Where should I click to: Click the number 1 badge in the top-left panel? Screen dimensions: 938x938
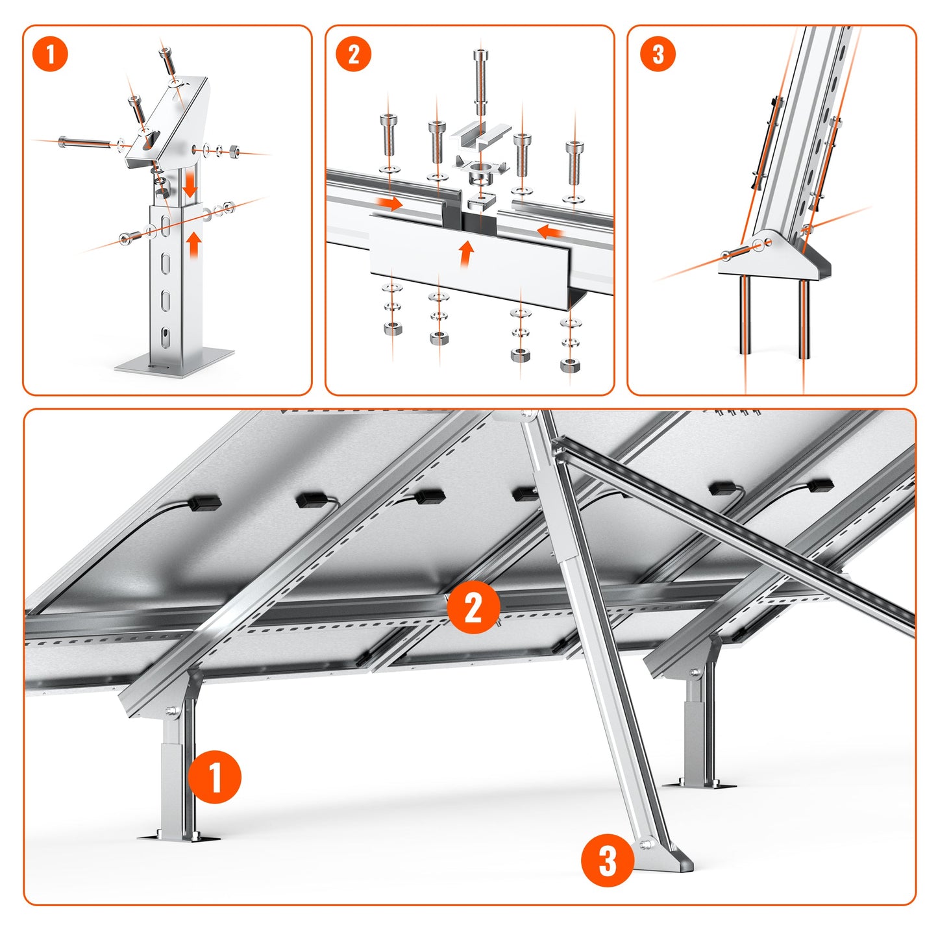[x=50, y=54]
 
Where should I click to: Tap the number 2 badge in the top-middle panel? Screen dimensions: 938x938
[x=353, y=54]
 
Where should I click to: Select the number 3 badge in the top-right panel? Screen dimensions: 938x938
[x=657, y=54]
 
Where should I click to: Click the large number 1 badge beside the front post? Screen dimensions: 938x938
[x=215, y=777]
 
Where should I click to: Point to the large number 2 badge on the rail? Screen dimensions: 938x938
[x=474, y=608]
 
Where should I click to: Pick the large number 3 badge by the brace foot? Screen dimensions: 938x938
[x=608, y=861]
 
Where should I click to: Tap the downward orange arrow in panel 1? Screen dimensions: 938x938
[x=190, y=184]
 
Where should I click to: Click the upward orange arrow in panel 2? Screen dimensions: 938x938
[x=465, y=254]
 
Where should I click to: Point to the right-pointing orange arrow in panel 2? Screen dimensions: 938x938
[x=389, y=203]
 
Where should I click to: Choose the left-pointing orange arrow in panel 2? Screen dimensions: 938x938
[x=550, y=230]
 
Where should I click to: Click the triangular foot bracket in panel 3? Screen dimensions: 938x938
[x=774, y=256]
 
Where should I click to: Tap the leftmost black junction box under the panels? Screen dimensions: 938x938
[x=204, y=502]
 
